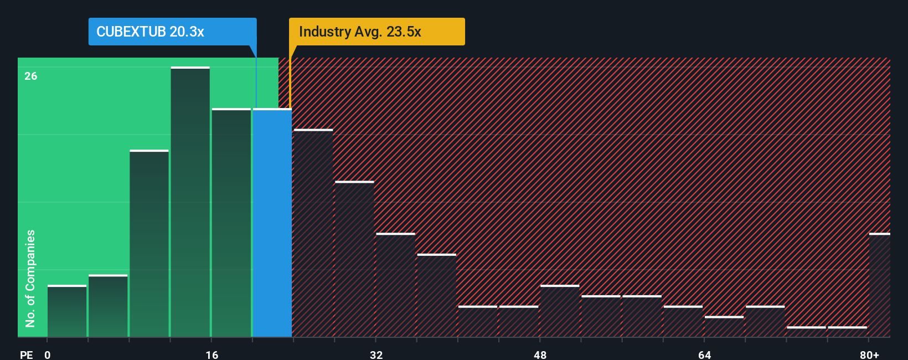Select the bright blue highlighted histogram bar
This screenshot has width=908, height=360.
272,223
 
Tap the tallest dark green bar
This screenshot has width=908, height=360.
190,202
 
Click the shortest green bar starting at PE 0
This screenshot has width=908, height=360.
67,311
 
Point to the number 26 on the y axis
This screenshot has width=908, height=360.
31,76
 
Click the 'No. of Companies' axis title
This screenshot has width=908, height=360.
30,278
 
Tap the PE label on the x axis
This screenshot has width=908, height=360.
26,354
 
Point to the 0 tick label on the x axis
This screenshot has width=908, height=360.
48,354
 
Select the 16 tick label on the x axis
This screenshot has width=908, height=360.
212,354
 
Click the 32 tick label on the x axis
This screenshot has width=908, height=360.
376,354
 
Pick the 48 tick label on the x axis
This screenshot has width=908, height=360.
540,354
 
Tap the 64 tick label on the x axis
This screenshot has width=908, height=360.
704,354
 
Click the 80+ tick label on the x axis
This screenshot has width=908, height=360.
869,354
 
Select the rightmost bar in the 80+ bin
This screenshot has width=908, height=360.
880,285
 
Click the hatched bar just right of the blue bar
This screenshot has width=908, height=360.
313,233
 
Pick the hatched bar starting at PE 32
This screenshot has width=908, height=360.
395,285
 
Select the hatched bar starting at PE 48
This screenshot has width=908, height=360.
560,311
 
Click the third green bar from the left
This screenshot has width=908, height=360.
149,243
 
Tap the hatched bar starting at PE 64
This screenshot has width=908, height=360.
724,326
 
